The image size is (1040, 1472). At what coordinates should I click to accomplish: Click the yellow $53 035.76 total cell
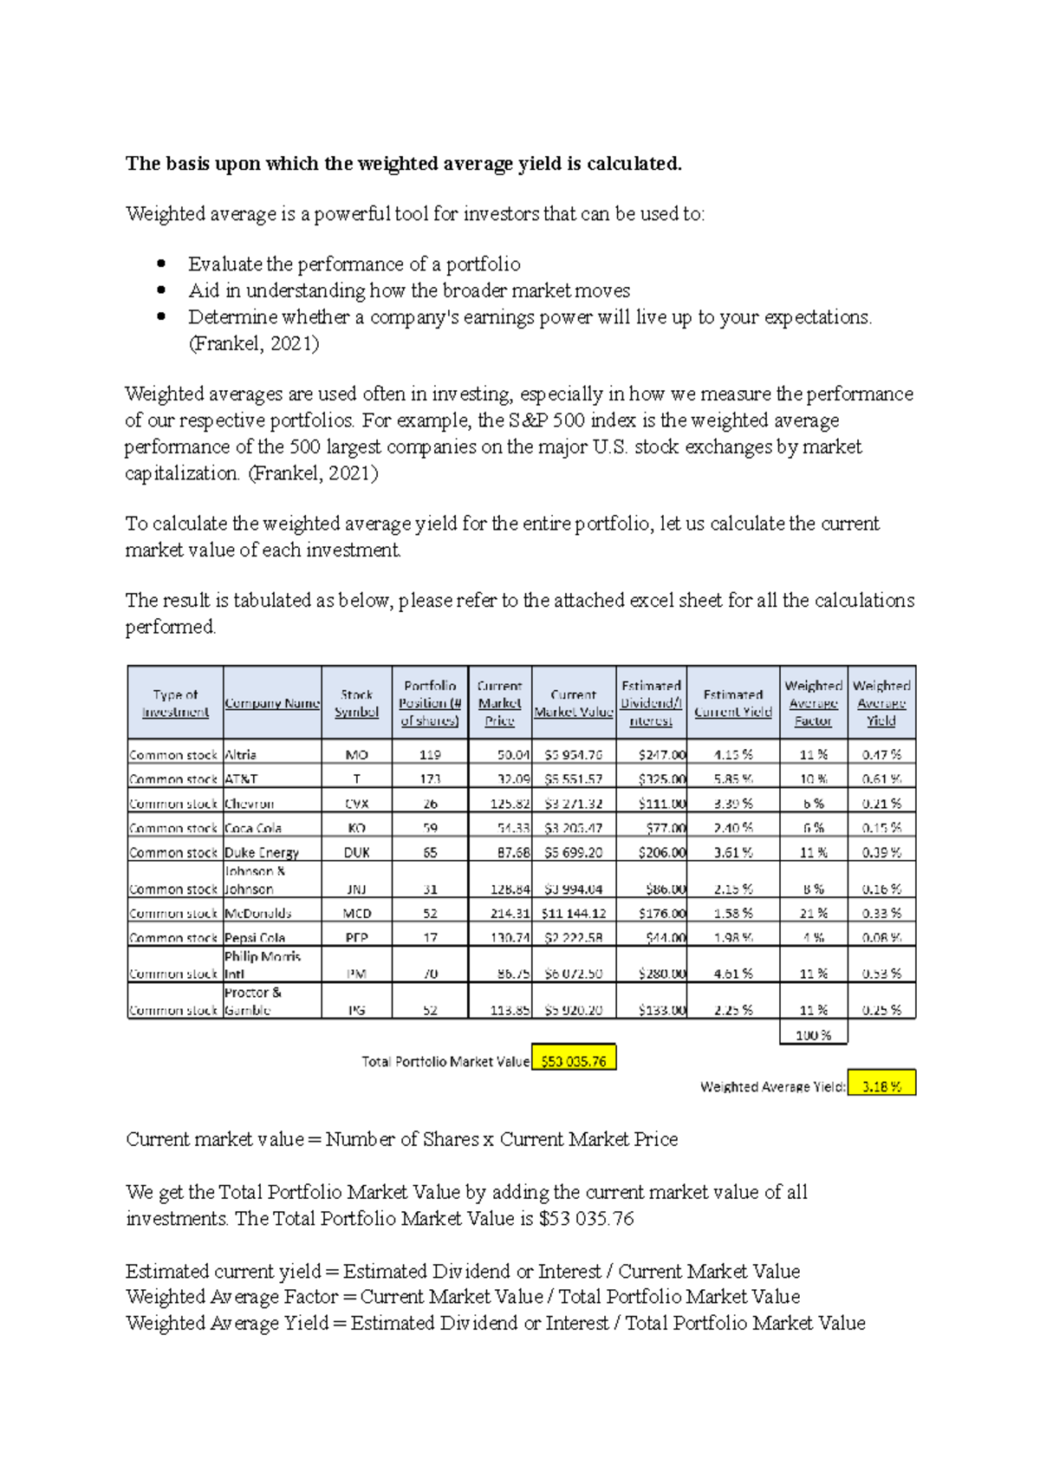(x=574, y=1060)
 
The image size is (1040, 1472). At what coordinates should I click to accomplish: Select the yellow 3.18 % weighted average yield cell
(x=881, y=1085)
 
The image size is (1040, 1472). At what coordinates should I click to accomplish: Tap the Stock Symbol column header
(x=356, y=703)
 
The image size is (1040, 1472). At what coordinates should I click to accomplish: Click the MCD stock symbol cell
(x=356, y=913)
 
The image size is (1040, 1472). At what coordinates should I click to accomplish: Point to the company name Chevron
(x=250, y=804)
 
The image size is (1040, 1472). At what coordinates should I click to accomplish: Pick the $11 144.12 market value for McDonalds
(x=574, y=913)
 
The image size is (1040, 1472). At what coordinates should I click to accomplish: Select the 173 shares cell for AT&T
(x=430, y=778)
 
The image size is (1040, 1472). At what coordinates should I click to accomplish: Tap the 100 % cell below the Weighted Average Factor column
(x=813, y=1035)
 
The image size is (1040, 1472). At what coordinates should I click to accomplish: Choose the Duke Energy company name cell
(x=262, y=852)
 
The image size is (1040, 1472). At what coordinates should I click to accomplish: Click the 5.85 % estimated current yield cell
(x=733, y=778)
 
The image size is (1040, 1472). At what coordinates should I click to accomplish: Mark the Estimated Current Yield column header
(x=733, y=703)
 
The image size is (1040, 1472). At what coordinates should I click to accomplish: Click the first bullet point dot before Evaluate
(x=161, y=264)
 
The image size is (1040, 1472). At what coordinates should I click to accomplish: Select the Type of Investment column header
(x=175, y=703)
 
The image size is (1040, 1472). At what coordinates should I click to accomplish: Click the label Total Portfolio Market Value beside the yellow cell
(x=445, y=1061)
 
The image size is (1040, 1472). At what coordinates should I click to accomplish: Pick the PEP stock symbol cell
(x=356, y=937)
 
